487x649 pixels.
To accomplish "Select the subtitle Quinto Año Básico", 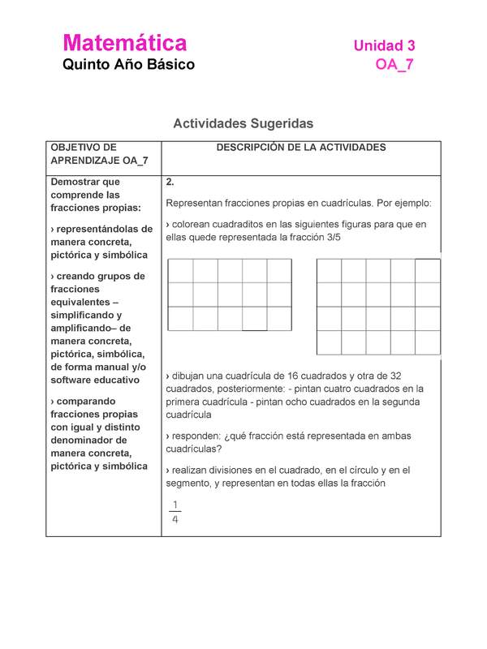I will pyautogui.click(x=128, y=65).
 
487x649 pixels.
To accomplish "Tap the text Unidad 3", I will pyautogui.click(x=384, y=46).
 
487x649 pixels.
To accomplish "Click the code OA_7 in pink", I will pyautogui.click(x=394, y=66).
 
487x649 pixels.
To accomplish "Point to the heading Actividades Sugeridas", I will pyautogui.click(x=243, y=123).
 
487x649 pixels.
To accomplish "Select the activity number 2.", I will pyautogui.click(x=169, y=182).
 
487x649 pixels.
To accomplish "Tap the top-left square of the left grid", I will pyautogui.click(x=180, y=270).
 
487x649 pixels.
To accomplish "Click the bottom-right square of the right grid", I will pyautogui.click(x=428, y=342).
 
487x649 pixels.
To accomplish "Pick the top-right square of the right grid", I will pyautogui.click(x=428, y=270).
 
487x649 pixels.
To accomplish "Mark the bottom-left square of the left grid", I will pyautogui.click(x=180, y=319).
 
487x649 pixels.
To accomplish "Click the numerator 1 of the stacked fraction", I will pyautogui.click(x=175, y=504).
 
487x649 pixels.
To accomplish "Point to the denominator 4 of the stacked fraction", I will pyautogui.click(x=175, y=520).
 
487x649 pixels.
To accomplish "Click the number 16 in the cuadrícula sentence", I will pyautogui.click(x=278, y=376).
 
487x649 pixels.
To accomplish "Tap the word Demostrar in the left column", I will pyautogui.click(x=76, y=182).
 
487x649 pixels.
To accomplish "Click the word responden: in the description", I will pyautogui.click(x=199, y=436).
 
